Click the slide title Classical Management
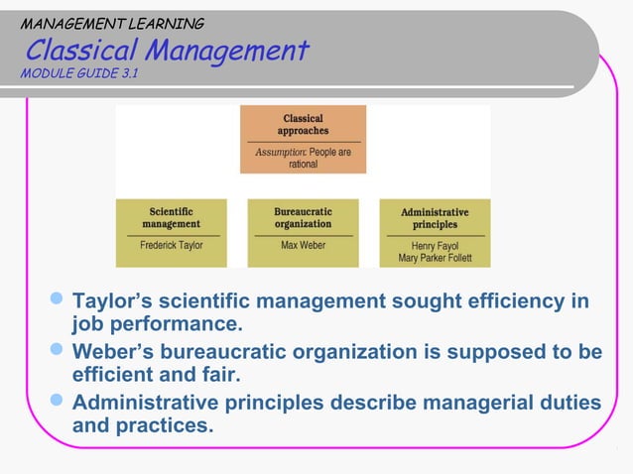[x=167, y=50]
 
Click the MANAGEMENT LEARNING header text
[x=112, y=23]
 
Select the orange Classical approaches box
[x=303, y=139]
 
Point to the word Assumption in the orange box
[x=281, y=153]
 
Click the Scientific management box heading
[x=171, y=217]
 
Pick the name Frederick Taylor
[x=171, y=244]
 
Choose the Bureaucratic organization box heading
[x=303, y=217]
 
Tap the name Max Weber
[x=303, y=244]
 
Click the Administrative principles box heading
[x=435, y=218]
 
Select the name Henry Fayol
[x=435, y=245]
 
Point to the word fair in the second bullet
[x=216, y=377]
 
